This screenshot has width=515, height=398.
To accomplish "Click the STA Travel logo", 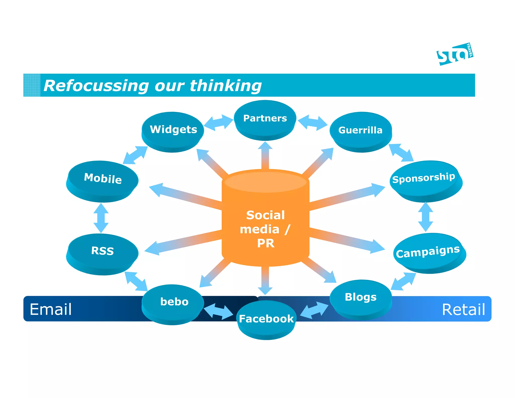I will [455, 54].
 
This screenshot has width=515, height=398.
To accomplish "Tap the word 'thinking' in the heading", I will [226, 86].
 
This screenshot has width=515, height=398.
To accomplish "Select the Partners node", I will [265, 118].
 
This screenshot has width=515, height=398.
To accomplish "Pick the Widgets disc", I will [173, 130].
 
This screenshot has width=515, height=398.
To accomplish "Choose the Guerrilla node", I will [360, 130].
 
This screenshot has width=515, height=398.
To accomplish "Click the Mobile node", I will [103, 179].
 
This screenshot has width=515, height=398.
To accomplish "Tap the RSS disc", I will [102, 251].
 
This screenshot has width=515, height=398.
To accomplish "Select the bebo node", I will [174, 302].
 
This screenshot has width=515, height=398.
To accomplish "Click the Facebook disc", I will [266, 319].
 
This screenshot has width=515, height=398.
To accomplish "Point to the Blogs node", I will [361, 297].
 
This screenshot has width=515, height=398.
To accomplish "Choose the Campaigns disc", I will [428, 252].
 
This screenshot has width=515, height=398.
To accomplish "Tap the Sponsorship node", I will [424, 178].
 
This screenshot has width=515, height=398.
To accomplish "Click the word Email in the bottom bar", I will [51, 309].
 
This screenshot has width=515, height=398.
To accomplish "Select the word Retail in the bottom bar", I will [463, 309].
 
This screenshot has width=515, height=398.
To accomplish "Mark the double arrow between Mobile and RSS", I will [101, 218].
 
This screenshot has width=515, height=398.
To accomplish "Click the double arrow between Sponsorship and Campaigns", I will [425, 217].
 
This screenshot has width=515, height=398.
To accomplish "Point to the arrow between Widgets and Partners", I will [218, 123].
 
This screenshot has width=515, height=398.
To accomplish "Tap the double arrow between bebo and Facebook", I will [218, 311].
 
